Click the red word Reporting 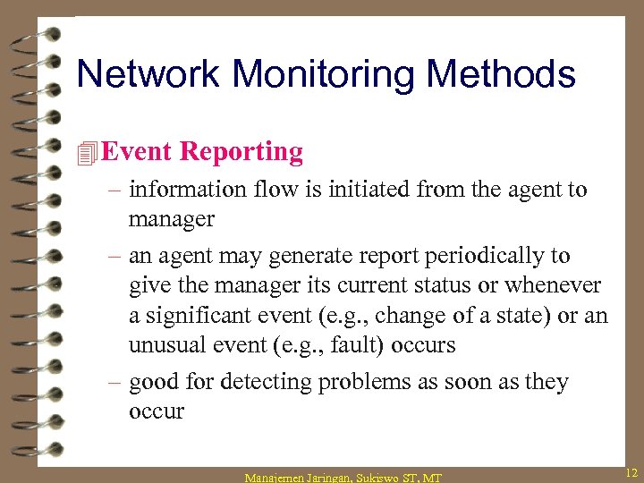241,151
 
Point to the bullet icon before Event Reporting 87,153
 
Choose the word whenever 555,285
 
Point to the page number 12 631,471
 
